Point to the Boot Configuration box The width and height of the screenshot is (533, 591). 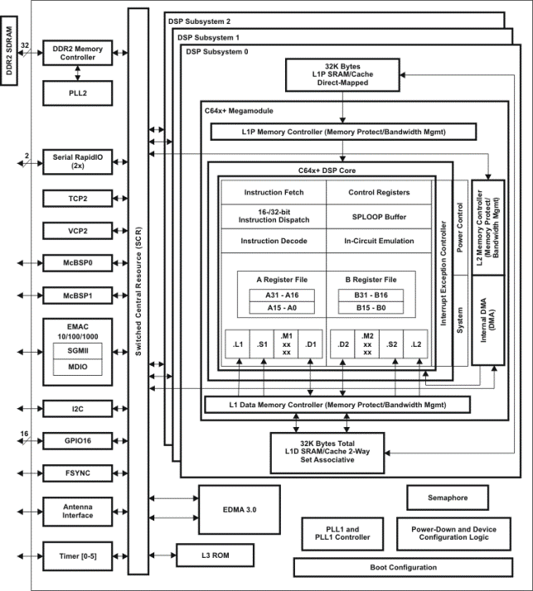[403, 567]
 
